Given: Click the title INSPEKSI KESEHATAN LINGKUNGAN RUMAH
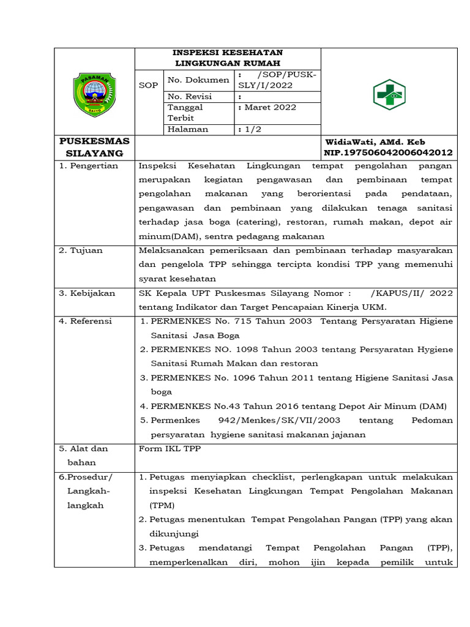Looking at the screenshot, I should tap(227, 58).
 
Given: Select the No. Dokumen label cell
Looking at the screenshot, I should tap(190, 80).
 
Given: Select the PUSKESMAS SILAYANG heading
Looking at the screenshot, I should tap(94, 147).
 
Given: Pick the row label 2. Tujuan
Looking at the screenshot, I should tap(81, 250).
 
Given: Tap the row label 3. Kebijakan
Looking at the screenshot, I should tap(87, 293).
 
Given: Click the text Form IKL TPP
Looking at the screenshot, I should tap(170, 448).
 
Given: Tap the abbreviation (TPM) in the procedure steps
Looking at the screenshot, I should tap(162, 505).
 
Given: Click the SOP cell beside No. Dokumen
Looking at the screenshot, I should tap(148, 85).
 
